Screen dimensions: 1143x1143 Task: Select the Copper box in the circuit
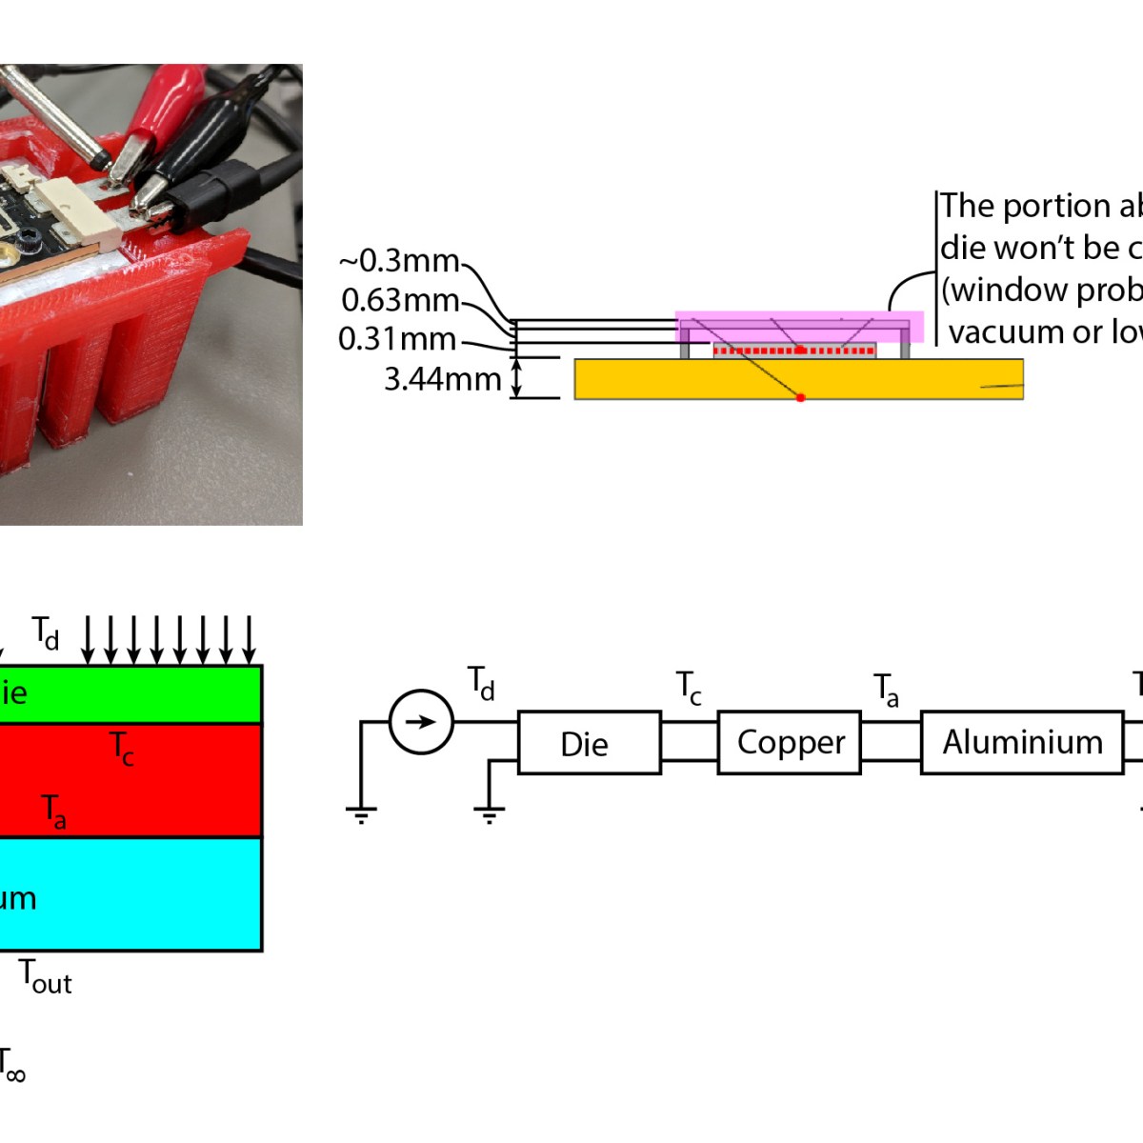click(790, 742)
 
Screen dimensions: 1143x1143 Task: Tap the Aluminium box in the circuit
click(1022, 742)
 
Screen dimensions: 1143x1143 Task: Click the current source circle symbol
click(421, 722)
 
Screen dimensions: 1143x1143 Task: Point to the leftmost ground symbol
click(361, 813)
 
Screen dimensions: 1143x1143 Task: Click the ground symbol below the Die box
click(489, 813)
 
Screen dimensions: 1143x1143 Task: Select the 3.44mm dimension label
click(442, 379)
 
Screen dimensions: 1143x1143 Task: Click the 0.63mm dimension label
click(400, 300)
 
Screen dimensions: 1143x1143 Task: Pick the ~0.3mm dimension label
click(398, 261)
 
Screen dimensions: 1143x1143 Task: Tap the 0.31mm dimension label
click(396, 339)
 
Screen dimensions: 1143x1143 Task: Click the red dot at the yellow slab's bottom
click(800, 397)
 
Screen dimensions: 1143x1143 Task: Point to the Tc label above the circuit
click(689, 688)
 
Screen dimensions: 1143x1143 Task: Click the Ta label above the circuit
click(886, 690)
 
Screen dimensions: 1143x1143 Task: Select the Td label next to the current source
click(481, 684)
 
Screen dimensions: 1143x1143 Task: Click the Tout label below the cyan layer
click(46, 977)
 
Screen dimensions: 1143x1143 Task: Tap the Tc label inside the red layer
click(121, 748)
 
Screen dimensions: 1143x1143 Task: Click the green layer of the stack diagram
click(143, 693)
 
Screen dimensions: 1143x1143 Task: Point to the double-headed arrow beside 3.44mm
click(517, 378)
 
